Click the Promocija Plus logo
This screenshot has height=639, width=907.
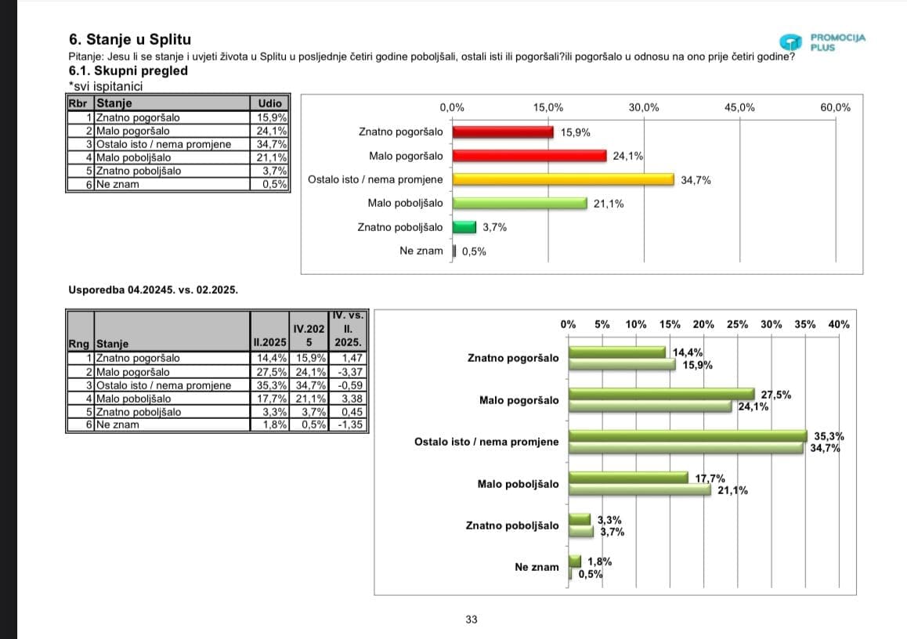822,42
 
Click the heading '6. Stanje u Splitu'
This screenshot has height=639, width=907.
130,39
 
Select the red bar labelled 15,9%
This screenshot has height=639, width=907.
503,132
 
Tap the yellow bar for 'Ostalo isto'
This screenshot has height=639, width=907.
563,179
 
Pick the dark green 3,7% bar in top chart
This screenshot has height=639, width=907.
464,227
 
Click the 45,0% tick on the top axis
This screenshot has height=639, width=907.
739,107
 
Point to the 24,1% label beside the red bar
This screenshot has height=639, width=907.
627,156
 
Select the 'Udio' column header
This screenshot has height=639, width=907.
269,103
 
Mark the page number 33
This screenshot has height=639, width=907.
471,619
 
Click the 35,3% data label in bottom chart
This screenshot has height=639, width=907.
829,436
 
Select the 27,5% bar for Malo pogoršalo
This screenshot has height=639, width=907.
662,395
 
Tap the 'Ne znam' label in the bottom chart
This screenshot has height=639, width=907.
537,567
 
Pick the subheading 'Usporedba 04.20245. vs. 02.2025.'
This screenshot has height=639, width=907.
154,291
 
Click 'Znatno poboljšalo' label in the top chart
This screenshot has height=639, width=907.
399,227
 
